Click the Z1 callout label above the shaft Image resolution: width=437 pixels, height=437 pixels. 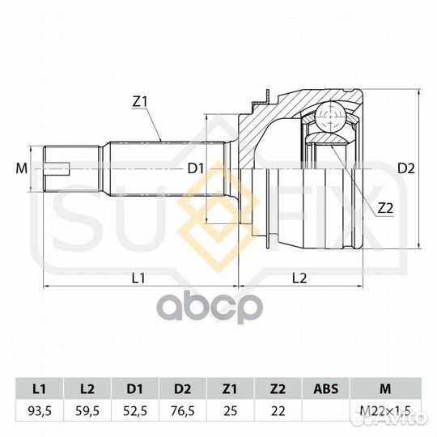pyautogui.click(x=139, y=102)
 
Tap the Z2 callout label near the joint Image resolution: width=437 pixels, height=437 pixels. pyautogui.click(x=385, y=208)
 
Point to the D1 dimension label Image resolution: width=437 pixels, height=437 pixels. pyautogui.click(x=196, y=168)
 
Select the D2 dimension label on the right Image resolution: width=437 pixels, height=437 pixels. pyautogui.click(x=406, y=168)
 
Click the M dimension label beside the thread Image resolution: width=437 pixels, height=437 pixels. pyautogui.click(x=22, y=168)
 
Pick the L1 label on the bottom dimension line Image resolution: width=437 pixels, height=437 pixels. pyautogui.click(x=138, y=278)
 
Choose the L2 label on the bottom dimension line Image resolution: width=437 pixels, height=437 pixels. pyautogui.click(x=299, y=278)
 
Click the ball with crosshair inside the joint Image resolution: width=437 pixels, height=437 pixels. pyautogui.click(x=330, y=116)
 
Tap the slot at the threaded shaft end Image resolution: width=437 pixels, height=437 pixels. pyautogui.click(x=57, y=168)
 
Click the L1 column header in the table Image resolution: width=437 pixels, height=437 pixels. pyautogui.click(x=40, y=388)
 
